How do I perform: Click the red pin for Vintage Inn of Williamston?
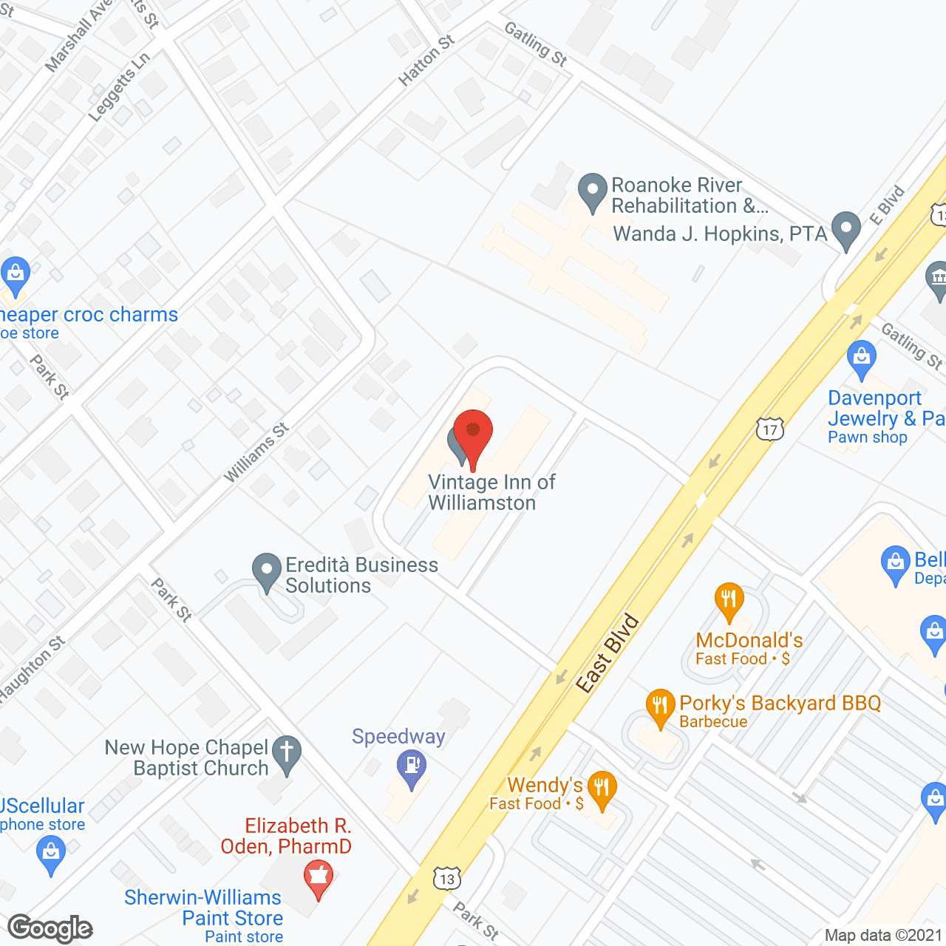pos(473,432)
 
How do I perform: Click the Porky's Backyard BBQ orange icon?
pos(660,707)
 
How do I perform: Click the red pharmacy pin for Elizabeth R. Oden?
pos(319,877)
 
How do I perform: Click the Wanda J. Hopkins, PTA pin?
pos(846,230)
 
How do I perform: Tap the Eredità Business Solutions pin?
pos(267,571)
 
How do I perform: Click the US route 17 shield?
pos(770,429)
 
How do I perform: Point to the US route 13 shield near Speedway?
pos(447,878)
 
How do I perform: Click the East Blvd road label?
pos(608,653)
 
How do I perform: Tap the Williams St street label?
pos(256,453)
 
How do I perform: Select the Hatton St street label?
pos(426,61)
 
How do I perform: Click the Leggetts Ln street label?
pos(119,86)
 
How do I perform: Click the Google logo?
pos(50,928)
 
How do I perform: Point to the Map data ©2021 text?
pos(883,936)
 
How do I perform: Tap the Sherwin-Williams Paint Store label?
pos(204,908)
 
